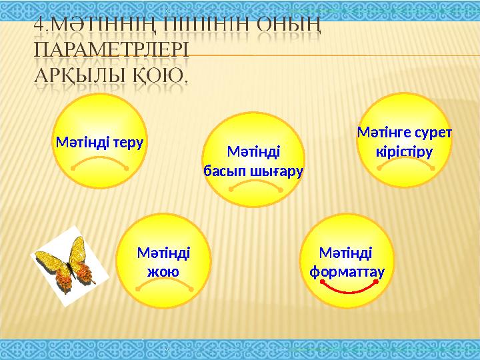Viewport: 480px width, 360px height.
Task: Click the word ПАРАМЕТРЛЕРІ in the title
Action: [x=111, y=52]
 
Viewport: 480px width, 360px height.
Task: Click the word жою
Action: [x=162, y=271]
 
